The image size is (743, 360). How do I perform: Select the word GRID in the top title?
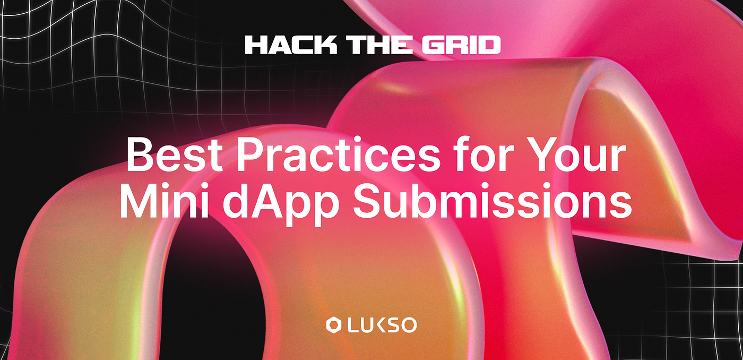click(461, 45)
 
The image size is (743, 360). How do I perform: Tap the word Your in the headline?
click(573, 155)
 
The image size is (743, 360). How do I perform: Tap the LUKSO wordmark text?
click(382, 325)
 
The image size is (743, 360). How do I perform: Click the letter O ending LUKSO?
click(409, 325)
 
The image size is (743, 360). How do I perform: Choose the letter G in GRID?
click(432, 45)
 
